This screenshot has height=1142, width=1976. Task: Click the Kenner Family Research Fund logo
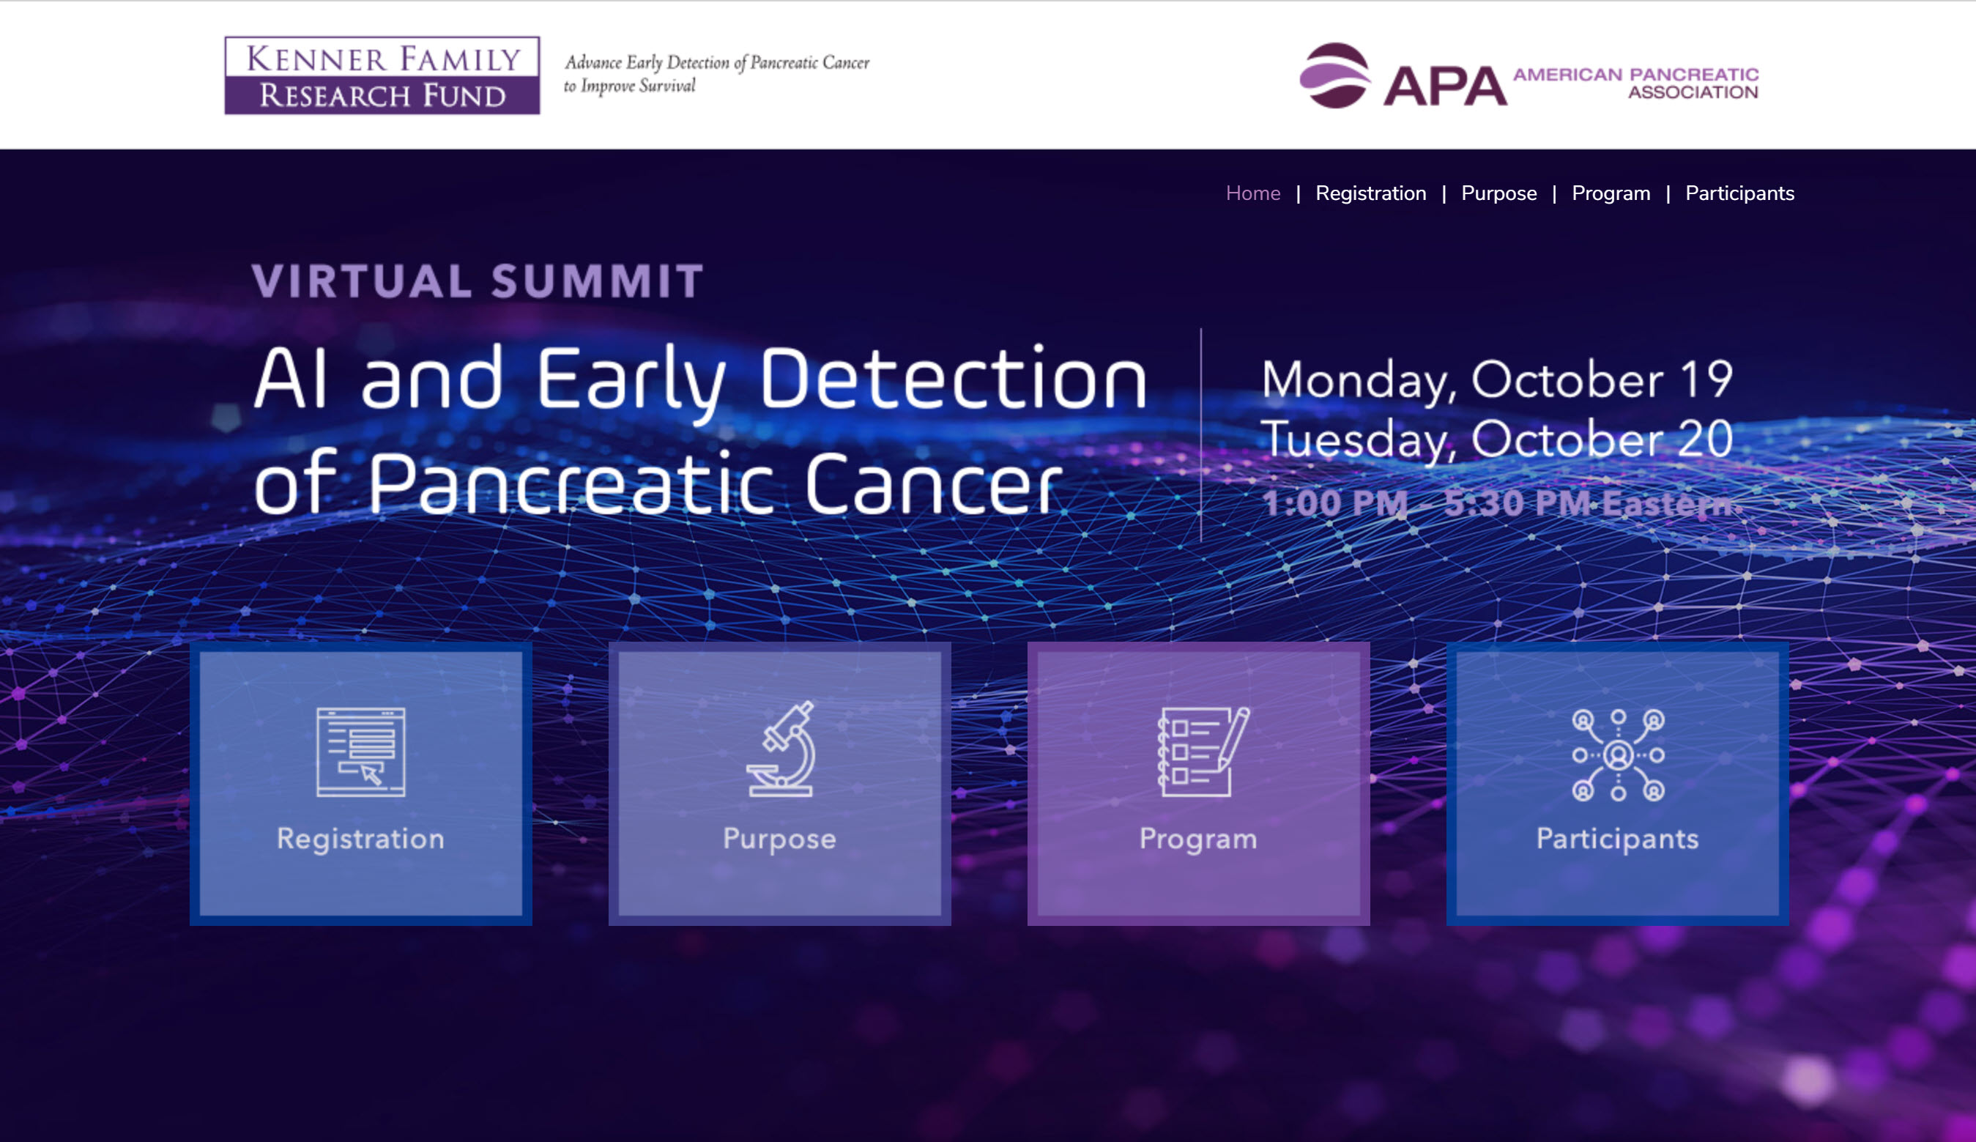click(x=382, y=75)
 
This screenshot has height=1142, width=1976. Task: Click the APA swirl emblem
click(x=1334, y=75)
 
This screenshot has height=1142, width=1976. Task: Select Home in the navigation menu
click(x=1252, y=193)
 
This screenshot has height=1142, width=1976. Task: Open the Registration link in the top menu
click(x=1370, y=193)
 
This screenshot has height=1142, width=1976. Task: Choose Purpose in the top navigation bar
click(x=1498, y=193)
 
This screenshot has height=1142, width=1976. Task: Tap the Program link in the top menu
click(x=1611, y=193)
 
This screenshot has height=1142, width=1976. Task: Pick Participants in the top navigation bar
click(x=1739, y=193)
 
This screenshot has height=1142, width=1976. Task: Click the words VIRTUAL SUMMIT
click(x=478, y=281)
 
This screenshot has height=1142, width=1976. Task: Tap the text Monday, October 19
click(x=1496, y=380)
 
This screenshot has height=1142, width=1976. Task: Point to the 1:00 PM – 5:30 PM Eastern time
click(x=1498, y=503)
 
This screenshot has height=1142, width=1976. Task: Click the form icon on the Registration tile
click(x=360, y=752)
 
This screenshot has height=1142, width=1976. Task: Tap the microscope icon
click(x=781, y=749)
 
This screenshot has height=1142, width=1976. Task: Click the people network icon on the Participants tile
click(x=1618, y=754)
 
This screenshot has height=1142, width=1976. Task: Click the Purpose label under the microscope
click(x=779, y=839)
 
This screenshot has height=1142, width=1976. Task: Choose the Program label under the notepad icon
click(x=1198, y=839)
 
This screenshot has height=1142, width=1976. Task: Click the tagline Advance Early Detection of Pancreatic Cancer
click(x=717, y=63)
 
